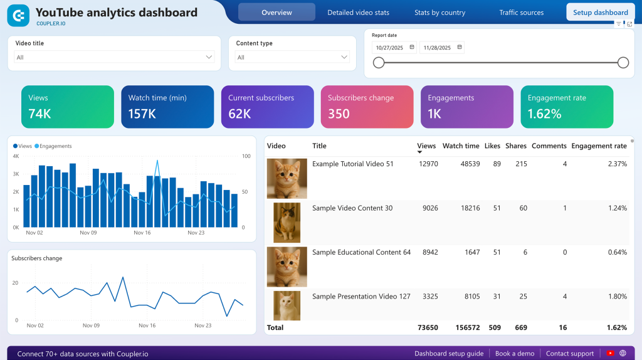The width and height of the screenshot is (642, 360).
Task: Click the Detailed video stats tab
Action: tap(358, 13)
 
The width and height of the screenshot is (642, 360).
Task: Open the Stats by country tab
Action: tap(439, 13)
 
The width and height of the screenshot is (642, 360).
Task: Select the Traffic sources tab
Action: tap(521, 13)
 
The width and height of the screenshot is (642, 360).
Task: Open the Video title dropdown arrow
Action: tap(209, 57)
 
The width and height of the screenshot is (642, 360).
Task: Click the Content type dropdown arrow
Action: tap(344, 57)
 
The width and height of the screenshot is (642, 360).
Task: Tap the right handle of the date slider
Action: tap(623, 62)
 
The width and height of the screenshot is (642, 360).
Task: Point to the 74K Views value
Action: tap(40, 114)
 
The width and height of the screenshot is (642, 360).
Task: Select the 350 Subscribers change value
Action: tap(339, 114)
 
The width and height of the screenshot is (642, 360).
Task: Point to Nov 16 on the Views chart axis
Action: tap(142, 233)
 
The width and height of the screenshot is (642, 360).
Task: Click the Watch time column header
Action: tap(461, 146)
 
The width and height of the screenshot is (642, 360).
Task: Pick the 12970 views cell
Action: tap(428, 164)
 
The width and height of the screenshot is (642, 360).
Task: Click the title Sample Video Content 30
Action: tap(352, 208)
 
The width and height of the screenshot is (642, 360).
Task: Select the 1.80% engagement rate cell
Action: tap(616, 297)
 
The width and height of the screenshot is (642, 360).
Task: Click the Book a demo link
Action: tap(514, 354)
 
